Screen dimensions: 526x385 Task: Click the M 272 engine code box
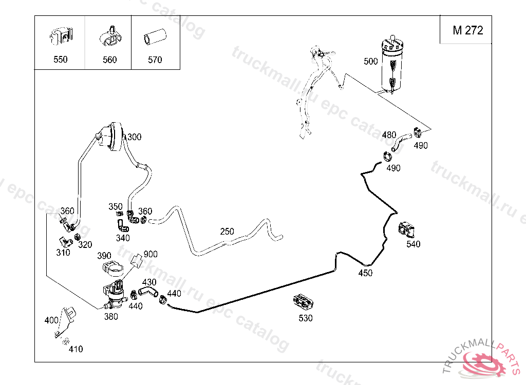[x=467, y=30]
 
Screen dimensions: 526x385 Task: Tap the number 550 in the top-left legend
[x=60, y=60]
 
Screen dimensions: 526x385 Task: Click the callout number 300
[x=134, y=137]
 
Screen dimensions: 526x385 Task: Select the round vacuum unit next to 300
[x=112, y=137]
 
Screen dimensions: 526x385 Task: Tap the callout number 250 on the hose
[x=227, y=232]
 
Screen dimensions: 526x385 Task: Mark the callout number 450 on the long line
[x=365, y=273]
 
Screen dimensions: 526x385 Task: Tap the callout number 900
[x=151, y=254]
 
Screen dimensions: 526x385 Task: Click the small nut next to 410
[x=65, y=342]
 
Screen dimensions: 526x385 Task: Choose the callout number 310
[x=63, y=253]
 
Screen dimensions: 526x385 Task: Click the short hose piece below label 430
[x=147, y=292]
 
